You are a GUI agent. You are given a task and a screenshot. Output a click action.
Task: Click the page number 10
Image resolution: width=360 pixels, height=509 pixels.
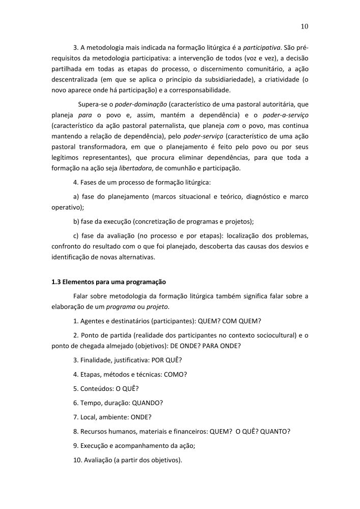coord(304,26)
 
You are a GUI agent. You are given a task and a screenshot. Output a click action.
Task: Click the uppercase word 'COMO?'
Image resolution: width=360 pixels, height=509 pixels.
coord(176,375)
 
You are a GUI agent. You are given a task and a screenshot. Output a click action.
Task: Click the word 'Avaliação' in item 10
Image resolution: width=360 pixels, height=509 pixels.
coord(100,460)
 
